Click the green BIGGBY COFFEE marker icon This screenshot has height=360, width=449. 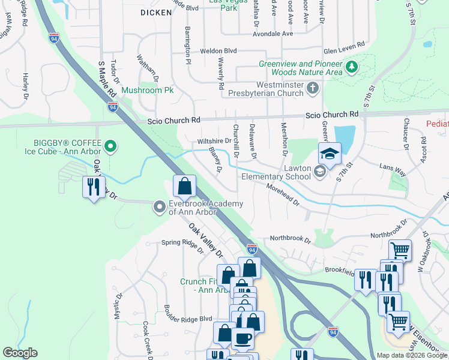pyautogui.click(x=110, y=146)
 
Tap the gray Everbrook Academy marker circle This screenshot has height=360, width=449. pyautogui.click(x=160, y=206)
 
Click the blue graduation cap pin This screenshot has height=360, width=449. pyautogui.click(x=330, y=155)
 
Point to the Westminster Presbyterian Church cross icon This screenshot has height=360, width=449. pyautogui.click(x=312, y=89)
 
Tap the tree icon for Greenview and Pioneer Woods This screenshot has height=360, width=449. pyautogui.click(x=352, y=68)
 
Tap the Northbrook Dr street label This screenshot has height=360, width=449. pyautogui.click(x=291, y=239)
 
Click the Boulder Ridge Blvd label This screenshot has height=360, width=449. pyautogui.click(x=188, y=319)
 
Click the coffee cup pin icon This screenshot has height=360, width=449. pyautogui.click(x=243, y=339)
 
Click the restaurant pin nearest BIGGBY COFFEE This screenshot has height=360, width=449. pyautogui.click(x=93, y=187)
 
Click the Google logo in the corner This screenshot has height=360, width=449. pyautogui.click(x=20, y=353)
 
